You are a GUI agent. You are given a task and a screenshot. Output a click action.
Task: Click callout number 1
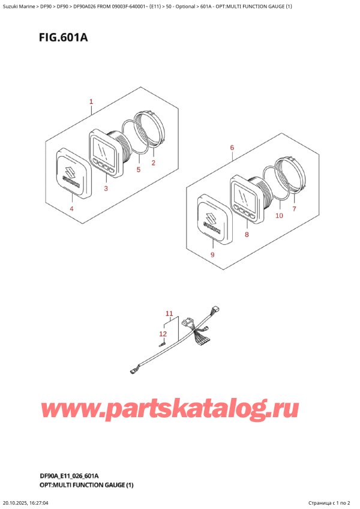click(x=91, y=102)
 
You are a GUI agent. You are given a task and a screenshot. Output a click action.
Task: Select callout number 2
click(x=153, y=163)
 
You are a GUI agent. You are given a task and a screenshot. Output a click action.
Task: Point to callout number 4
click(x=72, y=208)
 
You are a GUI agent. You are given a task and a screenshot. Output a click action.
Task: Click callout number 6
click(x=232, y=148)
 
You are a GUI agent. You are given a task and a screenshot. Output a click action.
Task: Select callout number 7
click(x=294, y=209)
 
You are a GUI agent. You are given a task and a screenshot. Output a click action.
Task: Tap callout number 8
click(x=246, y=235)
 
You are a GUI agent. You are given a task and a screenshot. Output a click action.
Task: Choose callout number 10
click(x=278, y=215)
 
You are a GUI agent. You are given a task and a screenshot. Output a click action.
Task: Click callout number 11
click(x=169, y=313)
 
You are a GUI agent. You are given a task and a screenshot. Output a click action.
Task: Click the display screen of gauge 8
click(x=246, y=194)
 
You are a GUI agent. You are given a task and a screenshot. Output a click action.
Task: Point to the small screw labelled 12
click(x=161, y=345)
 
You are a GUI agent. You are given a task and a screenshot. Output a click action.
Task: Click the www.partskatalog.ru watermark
click(x=170, y=411)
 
